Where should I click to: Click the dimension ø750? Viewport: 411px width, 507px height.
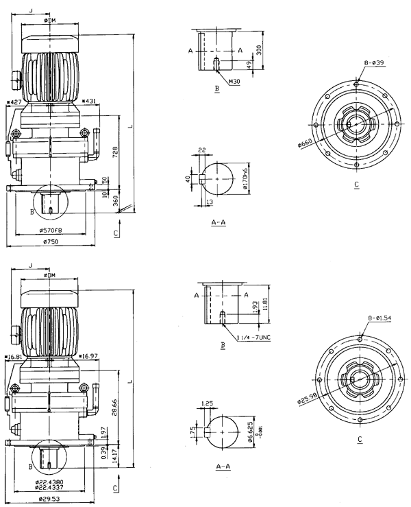point(49,241)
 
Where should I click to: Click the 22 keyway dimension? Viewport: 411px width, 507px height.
point(203,150)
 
